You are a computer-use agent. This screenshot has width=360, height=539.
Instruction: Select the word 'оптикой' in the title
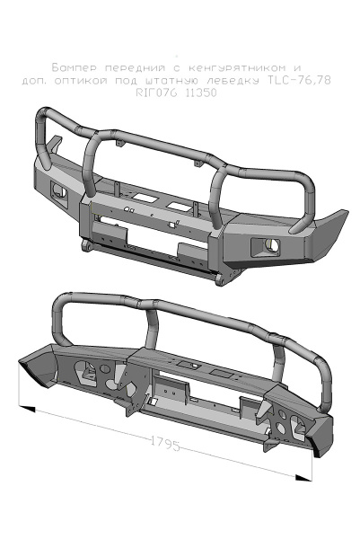click(89, 80)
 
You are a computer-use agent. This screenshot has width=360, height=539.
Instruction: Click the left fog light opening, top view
click(60, 190)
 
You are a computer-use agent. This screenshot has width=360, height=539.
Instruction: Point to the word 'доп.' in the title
click(35, 80)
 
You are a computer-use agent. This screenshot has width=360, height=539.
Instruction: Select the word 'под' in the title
click(131, 80)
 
